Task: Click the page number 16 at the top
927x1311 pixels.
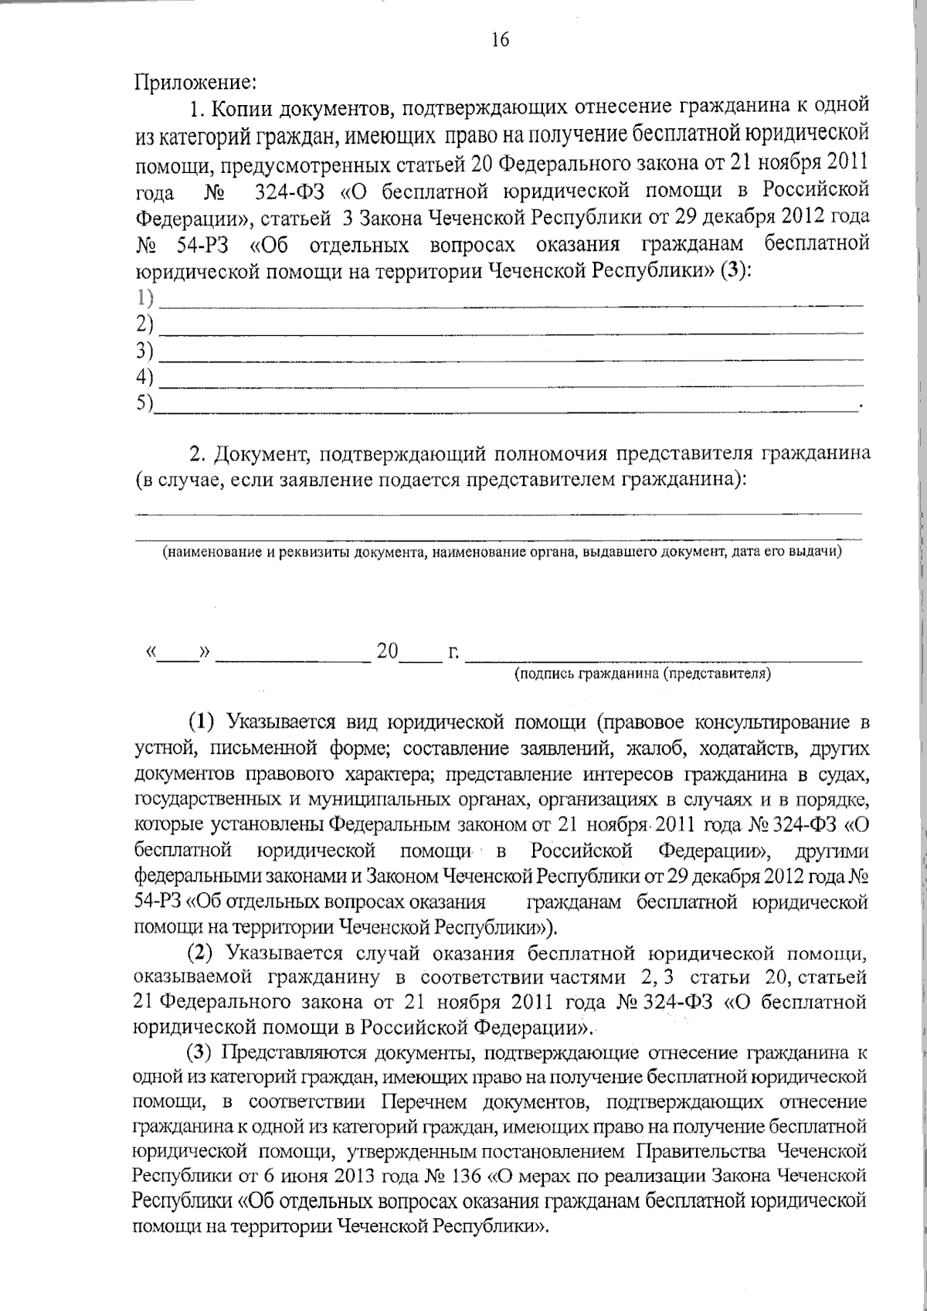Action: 500,40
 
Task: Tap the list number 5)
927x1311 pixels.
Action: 144,402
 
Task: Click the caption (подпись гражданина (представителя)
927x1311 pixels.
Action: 643,674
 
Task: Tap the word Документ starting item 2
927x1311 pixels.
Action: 263,453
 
